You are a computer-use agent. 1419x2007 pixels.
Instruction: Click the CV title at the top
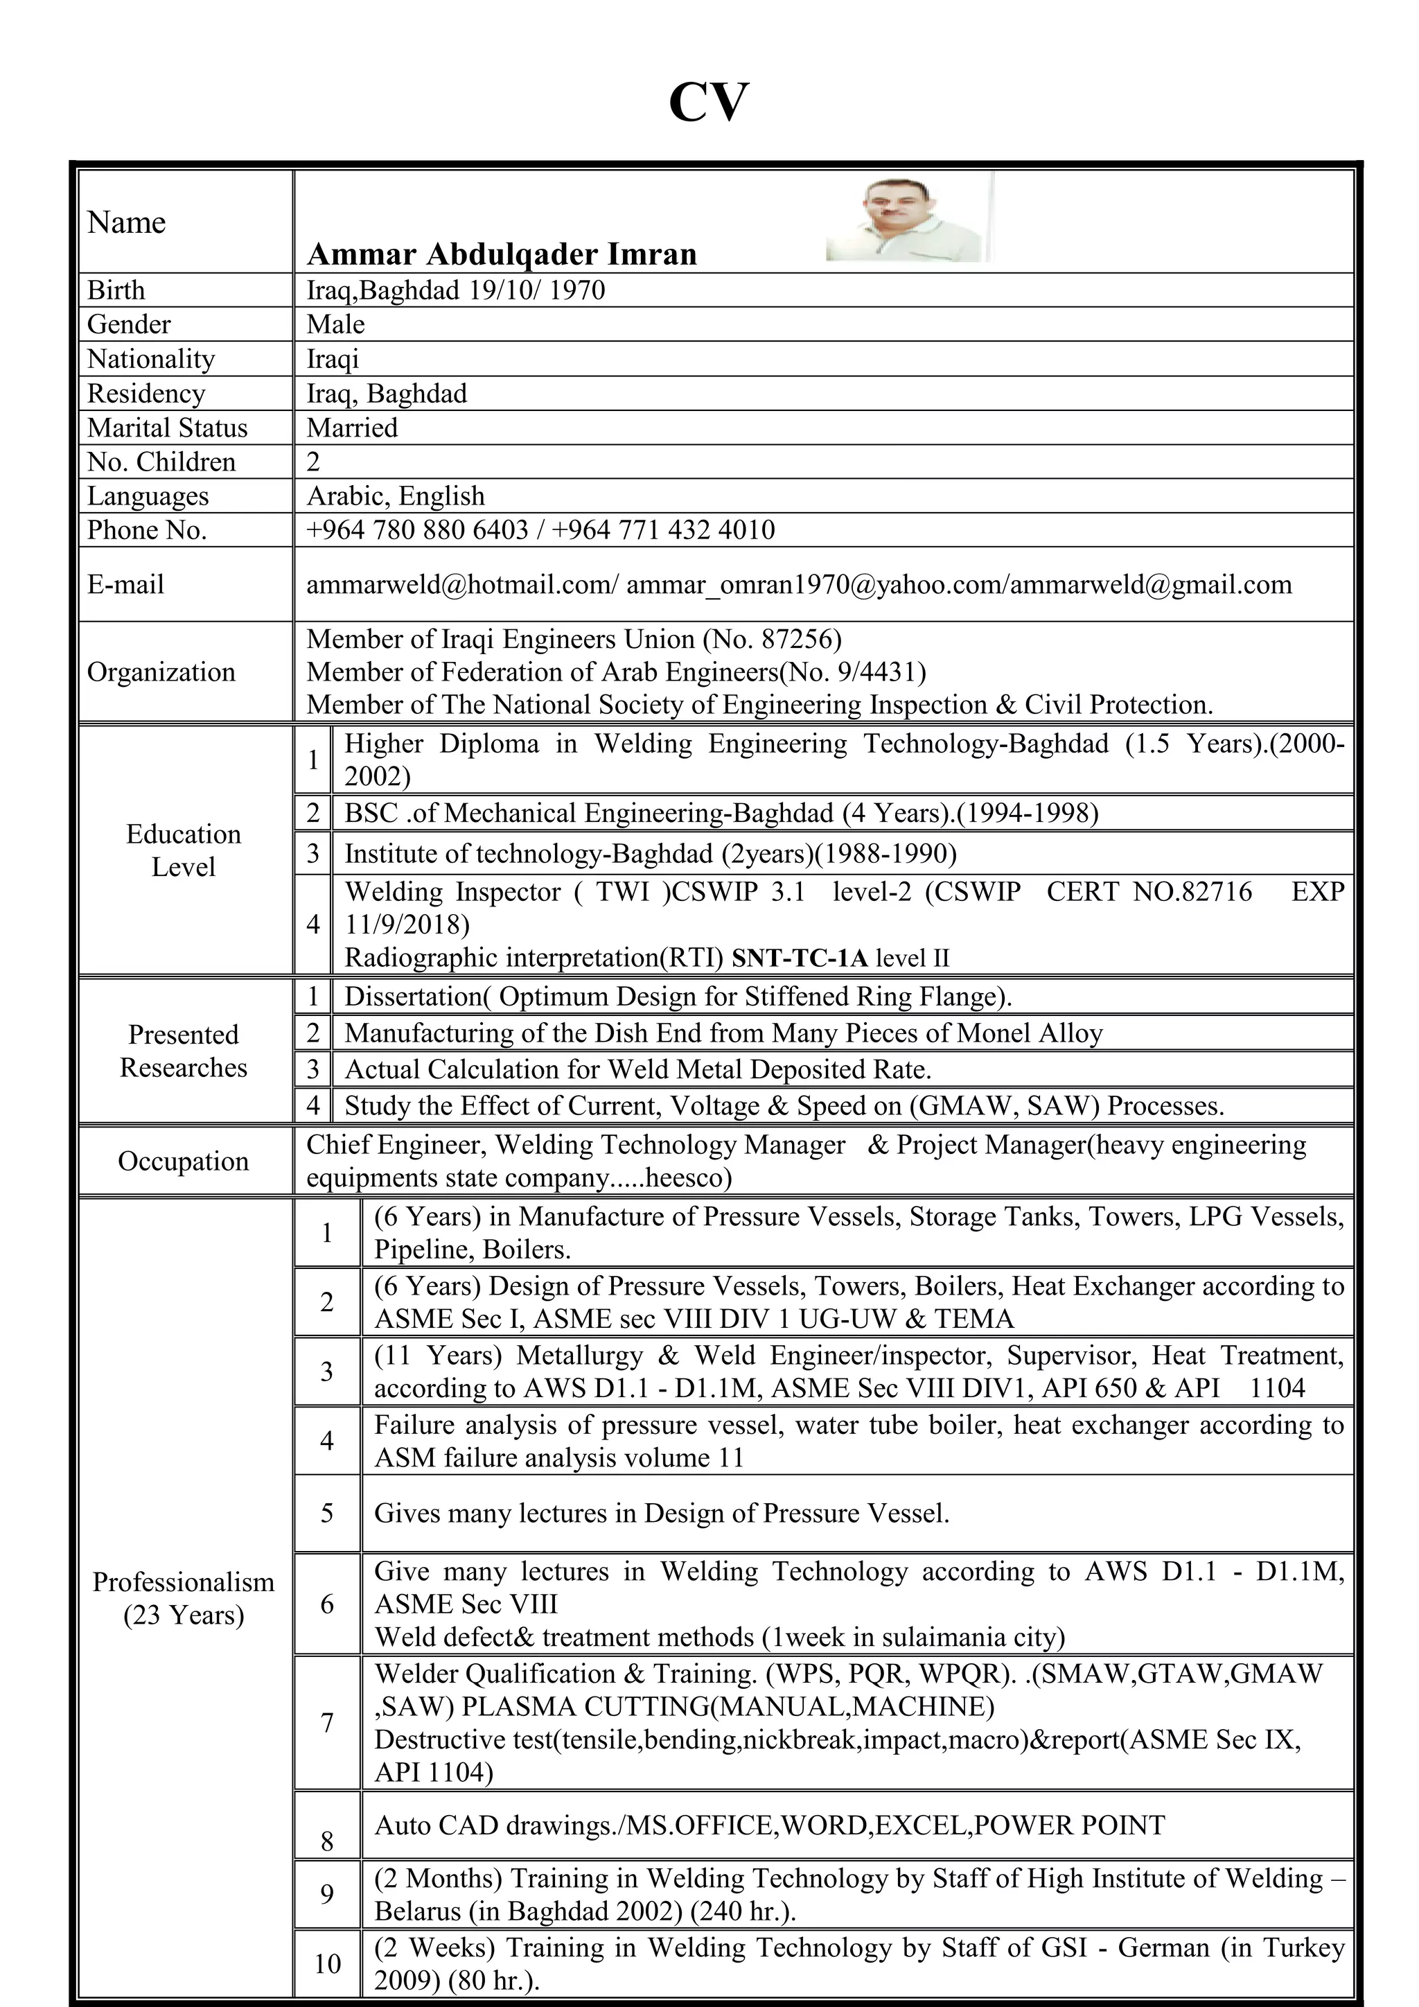709,103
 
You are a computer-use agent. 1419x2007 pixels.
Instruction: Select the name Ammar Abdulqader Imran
502,254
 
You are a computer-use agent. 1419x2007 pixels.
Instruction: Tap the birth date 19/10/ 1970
536,290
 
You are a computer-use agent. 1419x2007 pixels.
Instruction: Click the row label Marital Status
167,428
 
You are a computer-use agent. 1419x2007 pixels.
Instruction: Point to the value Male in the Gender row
335,324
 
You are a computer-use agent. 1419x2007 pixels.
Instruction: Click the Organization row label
161,672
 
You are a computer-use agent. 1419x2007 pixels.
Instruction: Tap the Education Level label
184,850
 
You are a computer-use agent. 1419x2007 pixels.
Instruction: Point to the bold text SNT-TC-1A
800,958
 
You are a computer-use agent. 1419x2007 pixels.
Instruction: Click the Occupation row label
184,1161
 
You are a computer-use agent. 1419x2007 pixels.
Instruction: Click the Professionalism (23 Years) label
184,1598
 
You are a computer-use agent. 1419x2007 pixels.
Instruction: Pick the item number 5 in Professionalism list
327,1513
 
